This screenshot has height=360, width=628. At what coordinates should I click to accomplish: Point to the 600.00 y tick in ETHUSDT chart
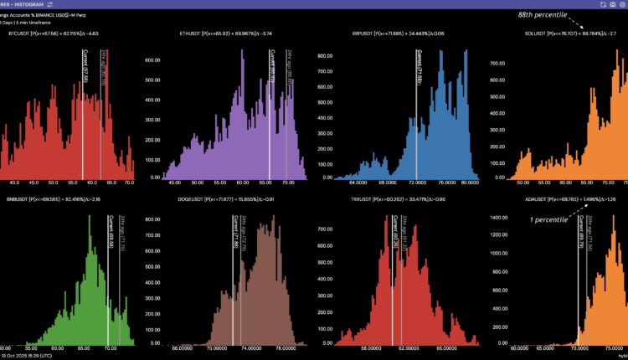pyautogui.click(x=151, y=60)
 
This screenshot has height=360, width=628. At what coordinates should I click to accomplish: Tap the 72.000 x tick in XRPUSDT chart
pyautogui.click(x=416, y=182)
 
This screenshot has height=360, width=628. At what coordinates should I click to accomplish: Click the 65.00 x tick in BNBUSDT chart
pyautogui.click(x=85, y=347)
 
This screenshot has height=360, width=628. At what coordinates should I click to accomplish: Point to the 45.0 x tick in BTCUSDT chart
pyautogui.click(x=35, y=182)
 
